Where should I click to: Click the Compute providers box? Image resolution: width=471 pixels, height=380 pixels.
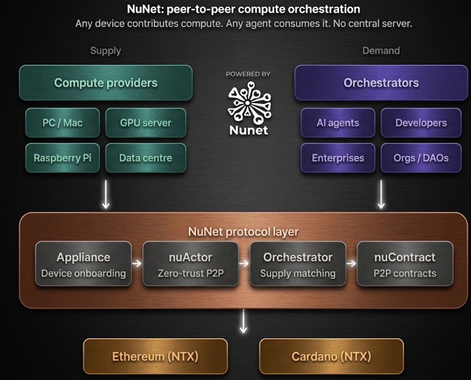(x=106, y=83)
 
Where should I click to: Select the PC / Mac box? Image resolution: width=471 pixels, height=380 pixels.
(x=62, y=123)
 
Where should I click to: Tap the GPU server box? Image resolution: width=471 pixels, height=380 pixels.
(x=145, y=123)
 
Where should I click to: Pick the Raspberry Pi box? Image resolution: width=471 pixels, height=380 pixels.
(x=62, y=158)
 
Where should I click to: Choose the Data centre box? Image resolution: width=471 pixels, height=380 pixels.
(x=145, y=158)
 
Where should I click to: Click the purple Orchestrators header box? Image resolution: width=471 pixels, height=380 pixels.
(x=381, y=83)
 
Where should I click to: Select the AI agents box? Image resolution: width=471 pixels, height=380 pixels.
(x=338, y=123)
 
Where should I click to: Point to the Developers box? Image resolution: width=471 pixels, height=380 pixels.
(x=421, y=123)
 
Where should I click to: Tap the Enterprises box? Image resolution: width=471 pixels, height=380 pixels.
(x=338, y=158)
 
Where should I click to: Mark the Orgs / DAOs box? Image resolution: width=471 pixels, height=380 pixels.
(x=421, y=158)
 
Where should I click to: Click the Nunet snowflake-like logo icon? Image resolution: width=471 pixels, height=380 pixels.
(x=249, y=102)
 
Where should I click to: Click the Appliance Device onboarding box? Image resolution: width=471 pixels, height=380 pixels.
(x=83, y=264)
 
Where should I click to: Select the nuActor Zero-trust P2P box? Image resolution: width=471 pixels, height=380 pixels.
(x=190, y=264)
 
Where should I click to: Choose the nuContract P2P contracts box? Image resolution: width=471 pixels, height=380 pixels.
(x=405, y=264)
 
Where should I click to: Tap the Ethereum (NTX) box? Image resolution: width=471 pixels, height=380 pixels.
(x=155, y=356)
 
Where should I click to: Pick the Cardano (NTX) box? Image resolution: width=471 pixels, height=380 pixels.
(x=331, y=356)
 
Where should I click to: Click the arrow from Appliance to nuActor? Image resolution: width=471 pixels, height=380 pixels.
(x=137, y=263)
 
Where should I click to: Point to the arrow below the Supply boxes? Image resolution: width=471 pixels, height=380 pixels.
(x=106, y=195)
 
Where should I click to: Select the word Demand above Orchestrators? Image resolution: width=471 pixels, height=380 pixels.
(x=381, y=51)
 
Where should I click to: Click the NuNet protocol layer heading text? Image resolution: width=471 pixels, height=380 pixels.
(x=243, y=232)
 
